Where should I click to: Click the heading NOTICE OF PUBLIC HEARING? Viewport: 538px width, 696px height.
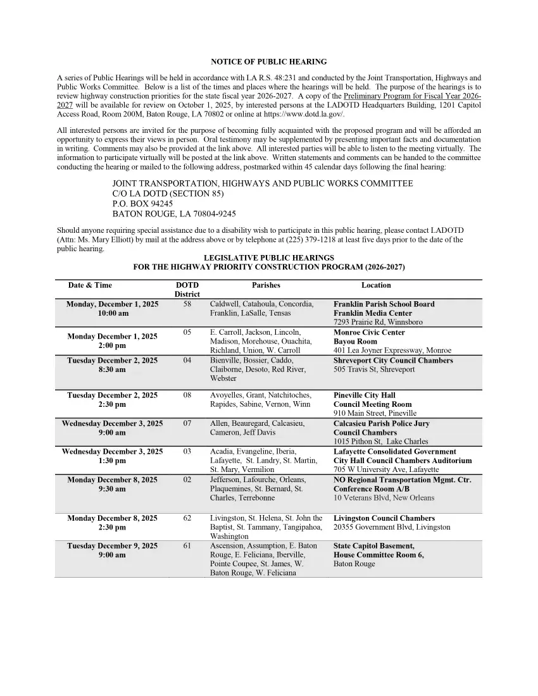[268, 62]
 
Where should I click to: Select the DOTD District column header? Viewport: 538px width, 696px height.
[187, 290]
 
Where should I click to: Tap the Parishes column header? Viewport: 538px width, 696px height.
[266, 285]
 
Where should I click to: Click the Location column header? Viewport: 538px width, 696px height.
[376, 285]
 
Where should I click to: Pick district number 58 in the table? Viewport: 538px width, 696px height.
[187, 304]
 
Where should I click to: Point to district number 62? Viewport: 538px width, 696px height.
[187, 518]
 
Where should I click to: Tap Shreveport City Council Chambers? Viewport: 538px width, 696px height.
[393, 361]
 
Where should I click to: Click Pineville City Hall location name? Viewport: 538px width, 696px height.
[364, 395]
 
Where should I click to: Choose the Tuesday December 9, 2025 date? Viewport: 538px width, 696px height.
[112, 546]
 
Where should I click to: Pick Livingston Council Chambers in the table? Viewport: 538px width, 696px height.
[384, 518]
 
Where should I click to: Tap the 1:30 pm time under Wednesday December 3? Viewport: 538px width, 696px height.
[112, 461]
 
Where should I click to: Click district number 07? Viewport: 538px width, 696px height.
[187, 423]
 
